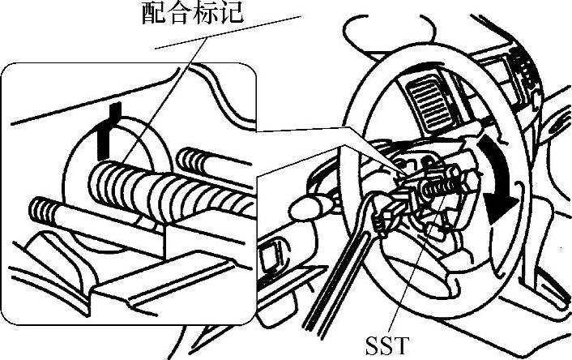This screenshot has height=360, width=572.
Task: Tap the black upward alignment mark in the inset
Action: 103,131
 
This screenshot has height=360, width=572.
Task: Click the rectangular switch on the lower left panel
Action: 267,257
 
